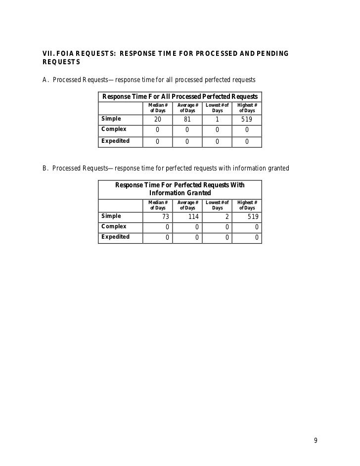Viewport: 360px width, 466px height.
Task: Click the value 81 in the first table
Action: [x=187, y=120]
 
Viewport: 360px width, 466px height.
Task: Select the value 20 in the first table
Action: [x=158, y=120]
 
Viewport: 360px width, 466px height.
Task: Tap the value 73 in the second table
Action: [x=166, y=217]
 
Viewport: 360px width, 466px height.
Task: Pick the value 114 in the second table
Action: [x=193, y=217]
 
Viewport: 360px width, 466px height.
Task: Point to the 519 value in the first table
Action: [x=247, y=120]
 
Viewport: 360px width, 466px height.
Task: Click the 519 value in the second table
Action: [x=252, y=217]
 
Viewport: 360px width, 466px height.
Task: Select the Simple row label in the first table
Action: [x=111, y=119]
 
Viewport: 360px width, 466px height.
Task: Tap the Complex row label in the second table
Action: [x=114, y=227]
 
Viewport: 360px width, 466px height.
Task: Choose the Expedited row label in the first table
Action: [x=115, y=141]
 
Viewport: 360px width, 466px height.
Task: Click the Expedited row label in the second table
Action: [x=115, y=237]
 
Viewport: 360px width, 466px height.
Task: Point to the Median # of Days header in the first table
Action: [x=158, y=108]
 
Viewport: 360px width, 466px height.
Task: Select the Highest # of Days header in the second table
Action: [x=247, y=205]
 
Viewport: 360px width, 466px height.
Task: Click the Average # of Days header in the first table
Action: [x=187, y=108]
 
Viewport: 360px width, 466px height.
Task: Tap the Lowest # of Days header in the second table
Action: [x=217, y=205]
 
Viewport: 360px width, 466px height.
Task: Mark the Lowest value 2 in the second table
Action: [x=226, y=217]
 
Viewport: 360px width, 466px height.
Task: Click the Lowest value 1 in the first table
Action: [x=217, y=120]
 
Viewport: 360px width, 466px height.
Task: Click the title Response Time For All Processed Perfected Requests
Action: [x=180, y=96]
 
